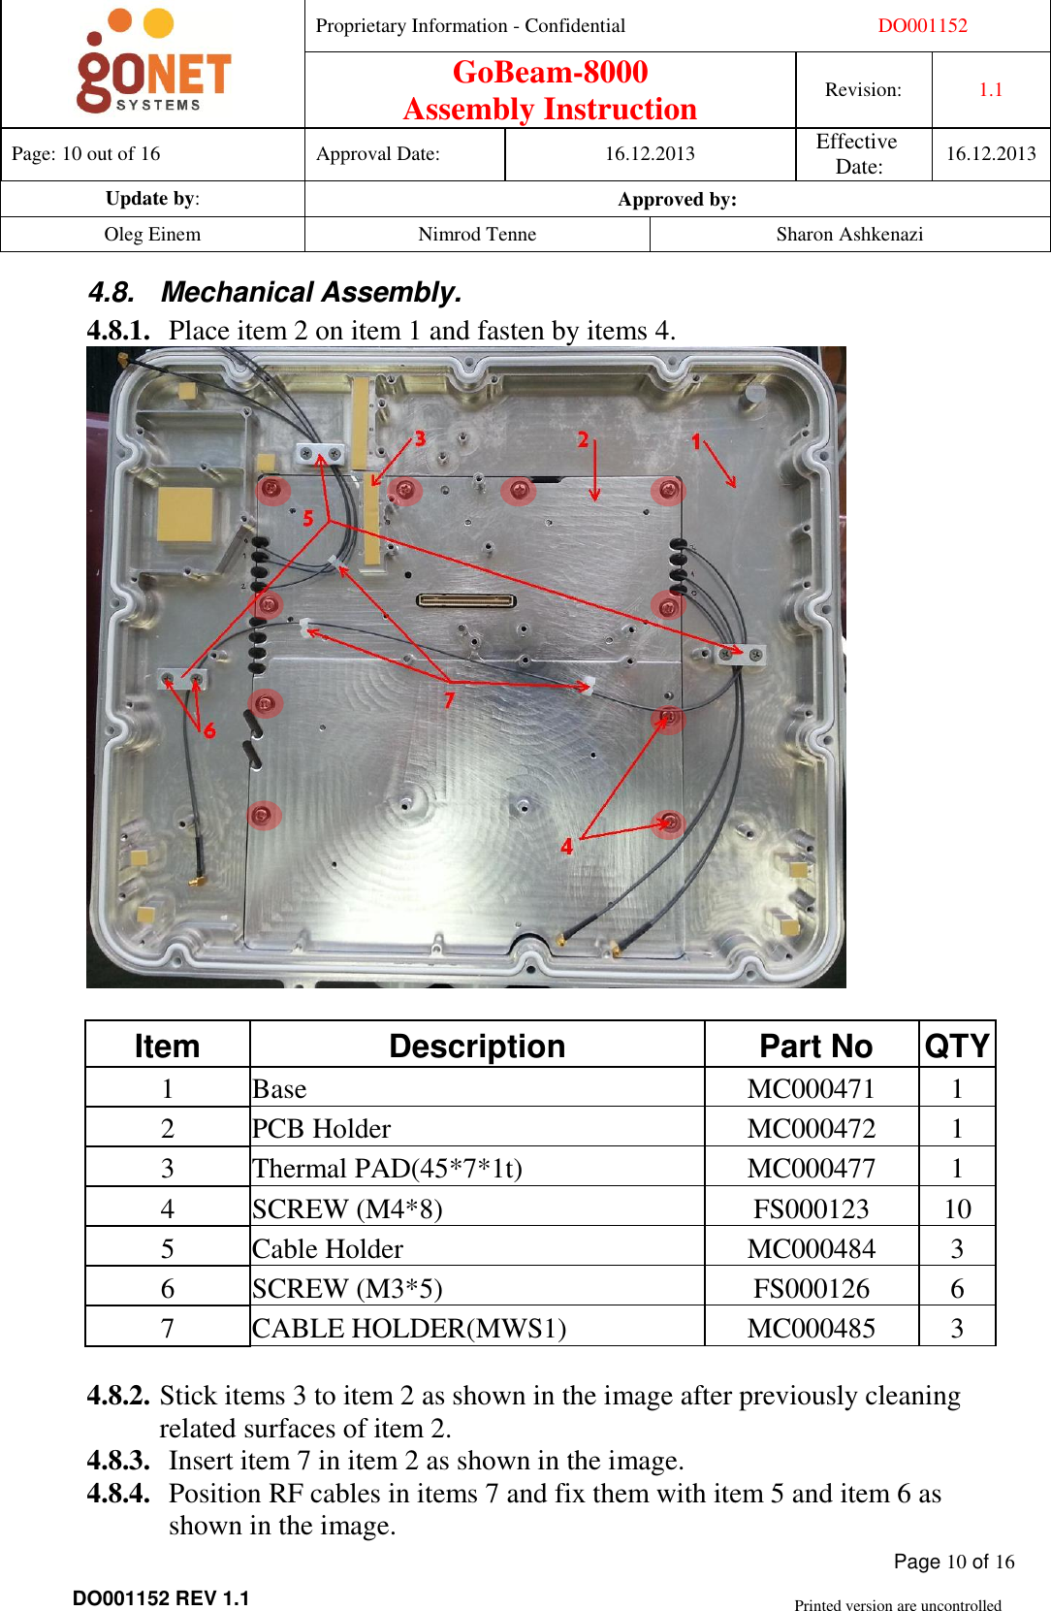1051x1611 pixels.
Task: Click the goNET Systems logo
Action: pyautogui.click(x=153, y=64)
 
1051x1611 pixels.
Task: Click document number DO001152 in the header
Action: pyautogui.click(x=922, y=26)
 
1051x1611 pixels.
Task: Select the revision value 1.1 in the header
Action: pyautogui.click(x=990, y=90)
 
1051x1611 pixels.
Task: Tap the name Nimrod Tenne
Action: pyautogui.click(x=476, y=235)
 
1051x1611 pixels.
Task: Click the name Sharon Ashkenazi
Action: pyautogui.click(x=849, y=235)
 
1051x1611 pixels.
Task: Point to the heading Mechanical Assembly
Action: pyautogui.click(x=311, y=292)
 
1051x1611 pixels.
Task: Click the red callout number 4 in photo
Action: pyautogui.click(x=567, y=847)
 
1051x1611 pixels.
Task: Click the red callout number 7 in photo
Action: pyautogui.click(x=449, y=699)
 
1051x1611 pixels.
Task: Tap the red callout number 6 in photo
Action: pyautogui.click(x=209, y=729)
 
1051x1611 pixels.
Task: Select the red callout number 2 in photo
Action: pyautogui.click(x=584, y=439)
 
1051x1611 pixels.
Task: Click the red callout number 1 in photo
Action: pyautogui.click(x=695, y=441)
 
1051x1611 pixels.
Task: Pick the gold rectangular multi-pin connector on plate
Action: pyautogui.click(x=466, y=600)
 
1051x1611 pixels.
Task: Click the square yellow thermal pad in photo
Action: pyautogui.click(x=185, y=514)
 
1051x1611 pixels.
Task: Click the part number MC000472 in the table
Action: pyautogui.click(x=811, y=1129)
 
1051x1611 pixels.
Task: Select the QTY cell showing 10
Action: pyautogui.click(x=957, y=1208)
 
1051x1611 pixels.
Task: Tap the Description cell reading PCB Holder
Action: pyautogui.click(x=322, y=1129)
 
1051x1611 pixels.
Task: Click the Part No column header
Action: pyautogui.click(x=815, y=1047)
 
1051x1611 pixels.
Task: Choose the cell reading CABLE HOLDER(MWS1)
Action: pyautogui.click(x=409, y=1328)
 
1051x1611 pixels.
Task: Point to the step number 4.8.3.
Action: pyautogui.click(x=118, y=1461)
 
